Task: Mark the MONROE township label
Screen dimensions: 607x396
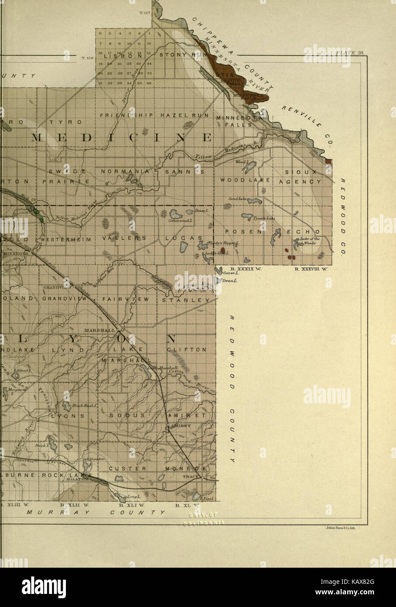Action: tap(185, 469)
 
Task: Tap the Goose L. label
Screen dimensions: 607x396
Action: tap(229, 273)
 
